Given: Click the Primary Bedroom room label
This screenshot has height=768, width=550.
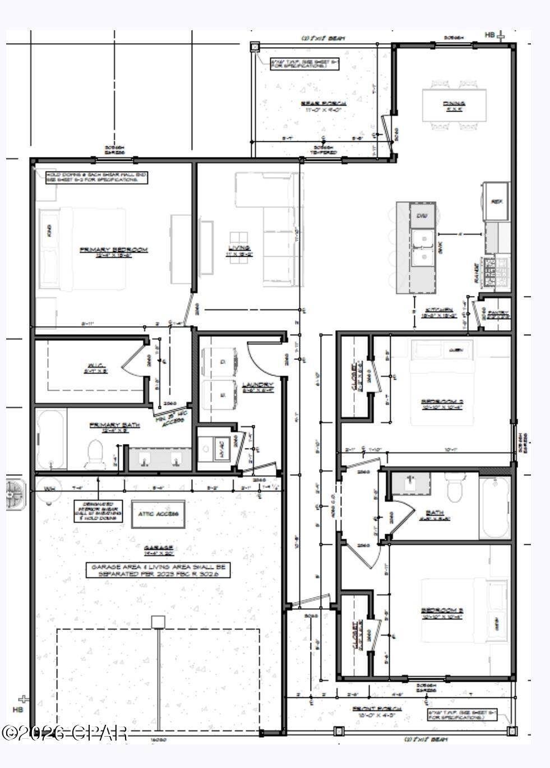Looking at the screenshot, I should [113, 249].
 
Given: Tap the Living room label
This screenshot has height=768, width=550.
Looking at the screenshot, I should [239, 248].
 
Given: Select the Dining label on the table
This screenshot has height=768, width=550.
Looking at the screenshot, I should [454, 104].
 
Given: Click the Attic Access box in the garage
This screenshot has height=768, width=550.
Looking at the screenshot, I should [158, 513].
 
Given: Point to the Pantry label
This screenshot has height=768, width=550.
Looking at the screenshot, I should [498, 313].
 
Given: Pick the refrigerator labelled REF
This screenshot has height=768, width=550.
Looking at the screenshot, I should [496, 201].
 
